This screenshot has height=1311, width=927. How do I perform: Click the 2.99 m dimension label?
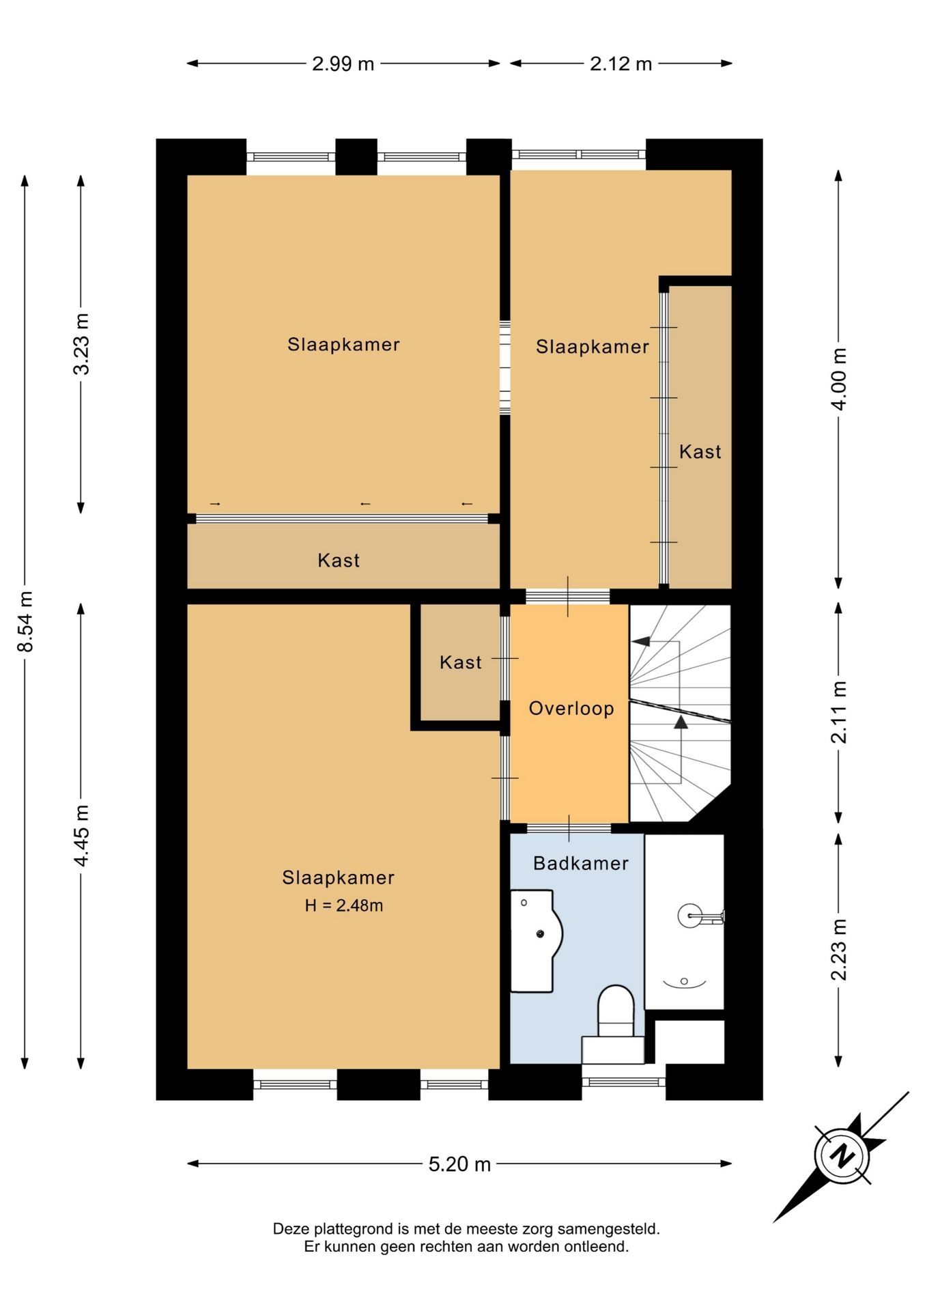[343, 64]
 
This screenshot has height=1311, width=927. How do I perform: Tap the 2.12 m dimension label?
[621, 64]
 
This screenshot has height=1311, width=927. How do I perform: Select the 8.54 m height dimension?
[25, 621]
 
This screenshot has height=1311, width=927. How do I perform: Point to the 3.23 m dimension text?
[81, 344]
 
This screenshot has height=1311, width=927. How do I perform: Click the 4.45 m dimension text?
[81, 836]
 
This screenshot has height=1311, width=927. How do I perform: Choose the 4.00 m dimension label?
[839, 379]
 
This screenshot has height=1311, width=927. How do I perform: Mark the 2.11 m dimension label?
[839, 712]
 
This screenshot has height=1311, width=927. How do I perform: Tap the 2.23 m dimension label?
[839, 950]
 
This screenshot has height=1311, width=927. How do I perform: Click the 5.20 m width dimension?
[459, 1164]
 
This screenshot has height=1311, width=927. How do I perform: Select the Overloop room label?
[571, 708]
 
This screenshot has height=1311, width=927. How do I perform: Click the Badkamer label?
[581, 863]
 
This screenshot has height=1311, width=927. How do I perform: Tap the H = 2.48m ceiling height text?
[343, 905]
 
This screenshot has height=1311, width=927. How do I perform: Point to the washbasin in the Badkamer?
[537, 940]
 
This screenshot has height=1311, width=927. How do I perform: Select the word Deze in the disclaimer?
[291, 1229]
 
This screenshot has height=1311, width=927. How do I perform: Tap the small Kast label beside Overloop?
[461, 662]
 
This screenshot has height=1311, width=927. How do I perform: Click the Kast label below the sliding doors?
[339, 561]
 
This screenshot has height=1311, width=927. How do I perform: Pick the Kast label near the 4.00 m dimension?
[700, 452]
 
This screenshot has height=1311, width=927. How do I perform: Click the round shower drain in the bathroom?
[684, 981]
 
